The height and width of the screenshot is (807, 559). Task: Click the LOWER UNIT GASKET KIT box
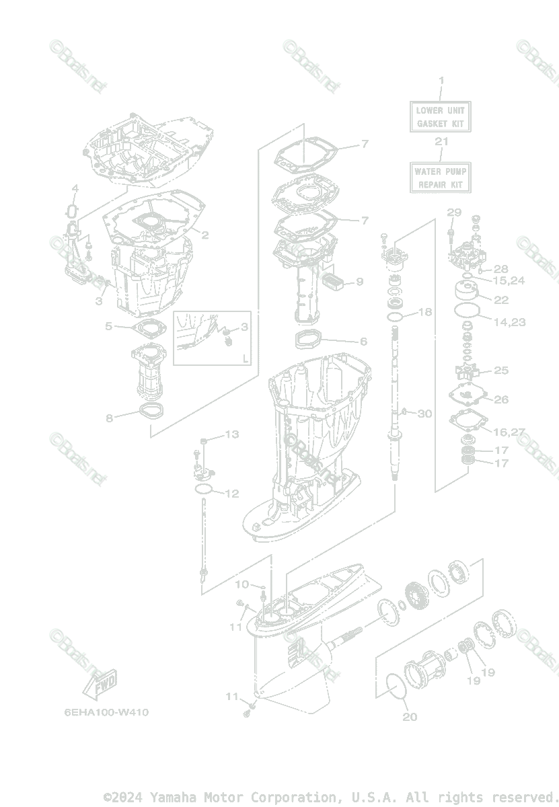(441, 116)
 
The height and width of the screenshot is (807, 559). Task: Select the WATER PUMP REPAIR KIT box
(441, 178)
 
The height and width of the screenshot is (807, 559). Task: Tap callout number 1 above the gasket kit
(441, 81)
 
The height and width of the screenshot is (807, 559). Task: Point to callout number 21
(441, 141)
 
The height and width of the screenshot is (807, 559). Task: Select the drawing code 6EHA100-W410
(106, 712)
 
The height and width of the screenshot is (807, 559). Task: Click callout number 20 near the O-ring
(410, 717)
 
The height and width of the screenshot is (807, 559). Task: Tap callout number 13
(231, 434)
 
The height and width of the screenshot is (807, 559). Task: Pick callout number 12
(231, 494)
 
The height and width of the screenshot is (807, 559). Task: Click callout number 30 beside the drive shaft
(424, 414)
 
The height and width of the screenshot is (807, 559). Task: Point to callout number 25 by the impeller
(501, 371)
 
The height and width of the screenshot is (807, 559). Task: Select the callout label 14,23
(509, 322)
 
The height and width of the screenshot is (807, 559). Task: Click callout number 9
(359, 282)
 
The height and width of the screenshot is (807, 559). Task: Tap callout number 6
(363, 342)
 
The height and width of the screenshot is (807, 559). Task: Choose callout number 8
(109, 418)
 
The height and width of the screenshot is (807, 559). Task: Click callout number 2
(204, 235)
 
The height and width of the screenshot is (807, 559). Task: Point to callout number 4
(75, 188)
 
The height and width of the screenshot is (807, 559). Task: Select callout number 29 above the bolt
(454, 213)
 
